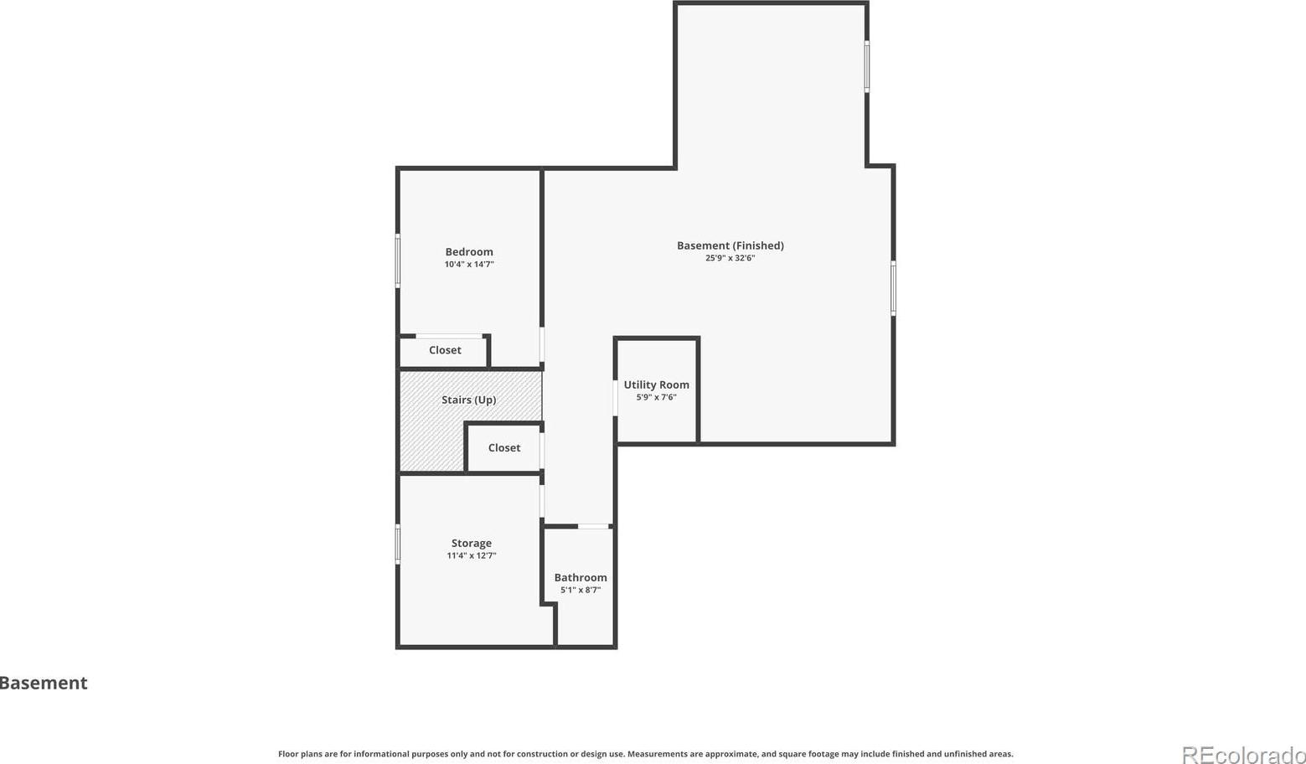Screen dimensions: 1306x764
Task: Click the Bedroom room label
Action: (469, 252)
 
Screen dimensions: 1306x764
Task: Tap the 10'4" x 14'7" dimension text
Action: (469, 264)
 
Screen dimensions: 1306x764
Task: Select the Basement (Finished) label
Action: (730, 245)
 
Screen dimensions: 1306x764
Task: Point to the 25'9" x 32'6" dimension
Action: (730, 258)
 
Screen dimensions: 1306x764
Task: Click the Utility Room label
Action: (657, 385)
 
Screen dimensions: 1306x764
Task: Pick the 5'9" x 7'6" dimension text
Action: (657, 397)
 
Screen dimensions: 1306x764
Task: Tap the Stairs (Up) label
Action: (469, 400)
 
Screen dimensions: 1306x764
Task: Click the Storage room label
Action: (471, 544)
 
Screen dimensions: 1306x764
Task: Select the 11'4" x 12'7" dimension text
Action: (471, 555)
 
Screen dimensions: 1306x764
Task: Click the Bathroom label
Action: (581, 577)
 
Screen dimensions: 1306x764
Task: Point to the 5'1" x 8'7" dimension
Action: (581, 590)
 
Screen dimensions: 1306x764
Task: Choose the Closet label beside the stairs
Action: (503, 448)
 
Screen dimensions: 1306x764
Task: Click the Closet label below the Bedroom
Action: (445, 350)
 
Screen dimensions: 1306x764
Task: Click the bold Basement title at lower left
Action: (44, 683)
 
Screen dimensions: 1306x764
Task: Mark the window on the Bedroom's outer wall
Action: (398, 261)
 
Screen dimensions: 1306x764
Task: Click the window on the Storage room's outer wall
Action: (398, 544)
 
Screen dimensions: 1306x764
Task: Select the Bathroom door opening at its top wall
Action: (593, 527)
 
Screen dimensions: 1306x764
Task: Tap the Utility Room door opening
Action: (615, 398)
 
